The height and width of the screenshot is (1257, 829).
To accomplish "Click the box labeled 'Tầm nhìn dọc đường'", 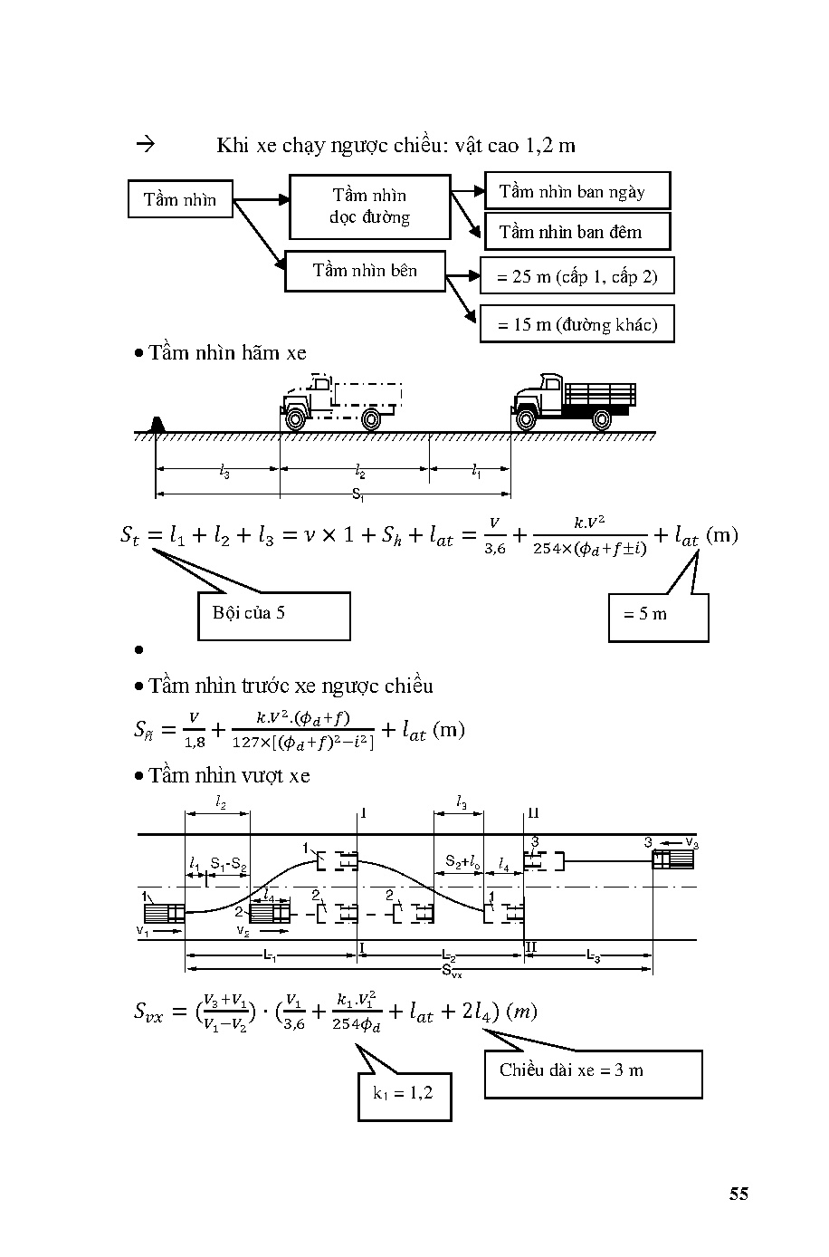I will [x=369, y=206].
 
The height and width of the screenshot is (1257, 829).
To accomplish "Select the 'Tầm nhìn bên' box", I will [x=365, y=271].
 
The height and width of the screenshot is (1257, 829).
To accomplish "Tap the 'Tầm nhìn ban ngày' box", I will [x=577, y=191].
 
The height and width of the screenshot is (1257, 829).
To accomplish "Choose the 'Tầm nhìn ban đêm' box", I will [x=577, y=232].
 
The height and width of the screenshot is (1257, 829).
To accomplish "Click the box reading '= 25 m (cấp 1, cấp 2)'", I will [x=576, y=277].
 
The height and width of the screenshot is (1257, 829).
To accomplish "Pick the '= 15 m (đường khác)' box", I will [x=576, y=324].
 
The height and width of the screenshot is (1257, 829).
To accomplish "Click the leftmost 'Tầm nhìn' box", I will [x=180, y=199].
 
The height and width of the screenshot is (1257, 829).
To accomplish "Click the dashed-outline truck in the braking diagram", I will [x=340, y=402].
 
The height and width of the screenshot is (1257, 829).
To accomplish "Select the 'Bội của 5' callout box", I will [x=273, y=615].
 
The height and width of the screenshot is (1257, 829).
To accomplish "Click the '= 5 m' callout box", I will [x=657, y=618].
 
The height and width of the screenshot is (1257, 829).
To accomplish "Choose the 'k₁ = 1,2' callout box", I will [x=404, y=1094].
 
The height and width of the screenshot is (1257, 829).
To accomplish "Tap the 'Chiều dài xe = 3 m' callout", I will [x=593, y=1073].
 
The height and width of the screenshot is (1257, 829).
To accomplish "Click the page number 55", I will [x=738, y=1194].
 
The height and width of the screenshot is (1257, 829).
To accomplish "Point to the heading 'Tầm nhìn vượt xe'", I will [x=229, y=775].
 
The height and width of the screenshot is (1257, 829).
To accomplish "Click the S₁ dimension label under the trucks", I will [x=358, y=494].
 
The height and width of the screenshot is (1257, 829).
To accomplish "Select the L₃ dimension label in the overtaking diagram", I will [x=593, y=955].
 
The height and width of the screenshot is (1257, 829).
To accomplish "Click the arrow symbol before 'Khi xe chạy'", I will [x=145, y=144].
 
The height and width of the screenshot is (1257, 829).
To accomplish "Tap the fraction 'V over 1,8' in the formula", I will [x=194, y=730].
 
